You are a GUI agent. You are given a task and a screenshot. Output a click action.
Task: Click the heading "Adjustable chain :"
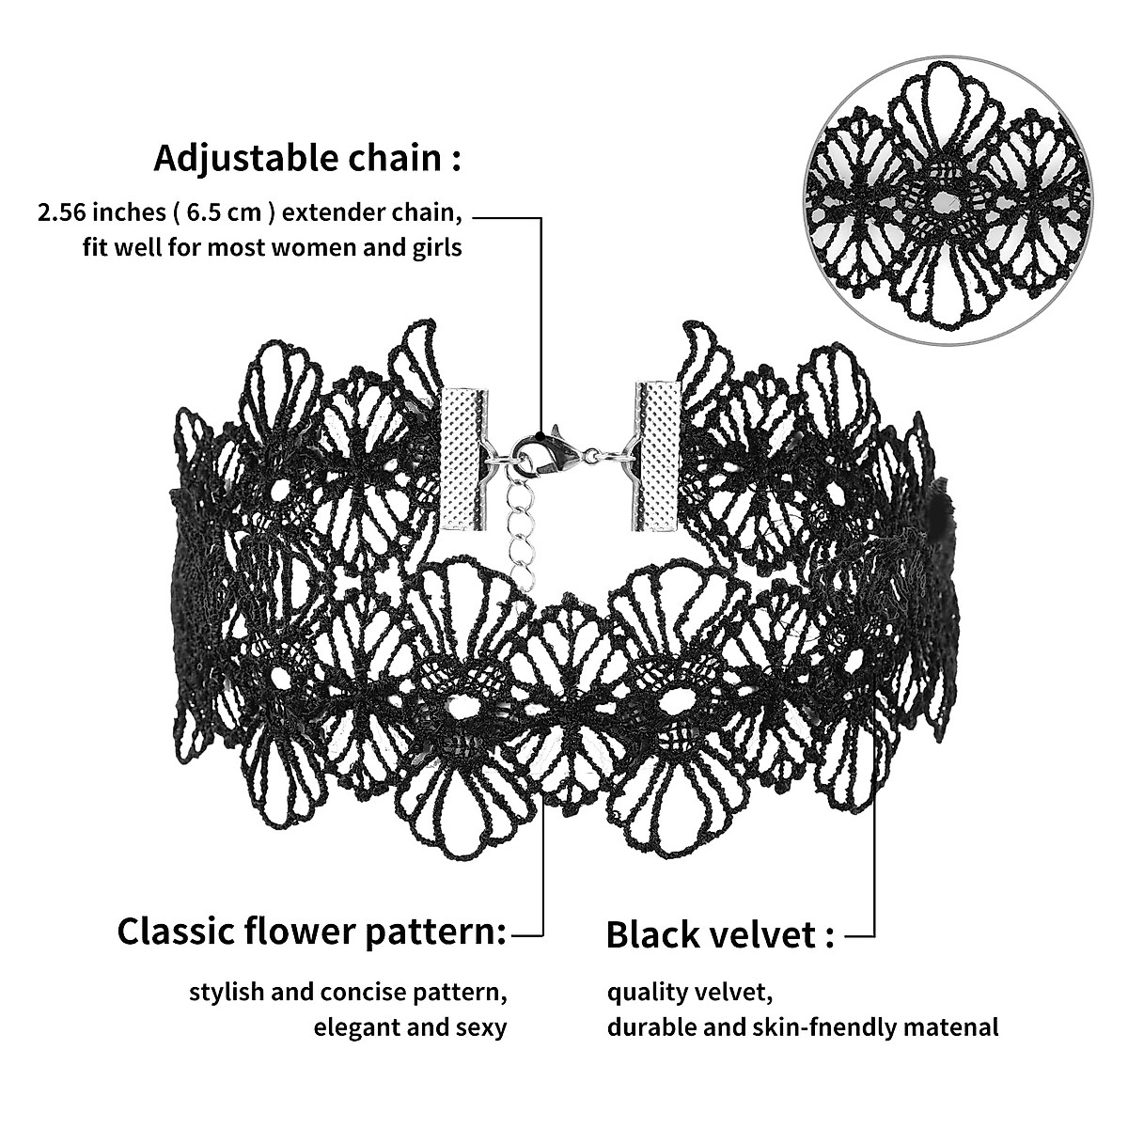coord(307,158)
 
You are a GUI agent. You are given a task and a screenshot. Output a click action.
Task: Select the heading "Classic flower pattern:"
coord(311,932)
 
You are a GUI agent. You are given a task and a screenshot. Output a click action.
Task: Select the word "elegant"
coord(357,1027)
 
